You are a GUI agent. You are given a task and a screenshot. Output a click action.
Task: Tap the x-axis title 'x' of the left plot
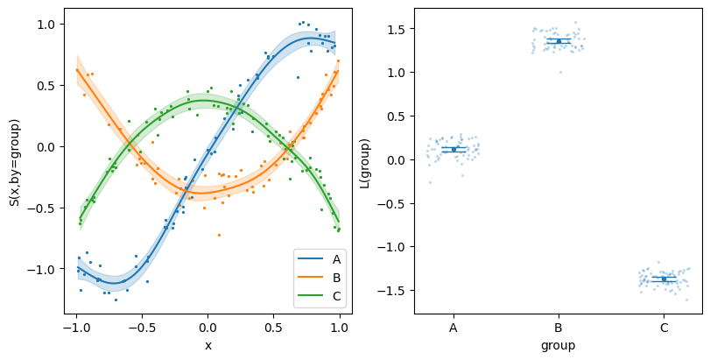(208, 346)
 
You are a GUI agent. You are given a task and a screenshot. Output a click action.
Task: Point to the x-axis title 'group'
(558, 346)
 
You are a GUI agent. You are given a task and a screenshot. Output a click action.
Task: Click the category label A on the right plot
(453, 327)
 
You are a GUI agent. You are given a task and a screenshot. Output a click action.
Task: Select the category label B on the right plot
(558, 327)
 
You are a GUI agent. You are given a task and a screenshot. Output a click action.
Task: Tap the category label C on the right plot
(664, 327)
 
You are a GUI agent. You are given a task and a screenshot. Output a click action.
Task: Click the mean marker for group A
(453, 149)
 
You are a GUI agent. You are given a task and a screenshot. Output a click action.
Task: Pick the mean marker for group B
(559, 41)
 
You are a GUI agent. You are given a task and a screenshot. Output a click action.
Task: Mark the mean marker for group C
(664, 279)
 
